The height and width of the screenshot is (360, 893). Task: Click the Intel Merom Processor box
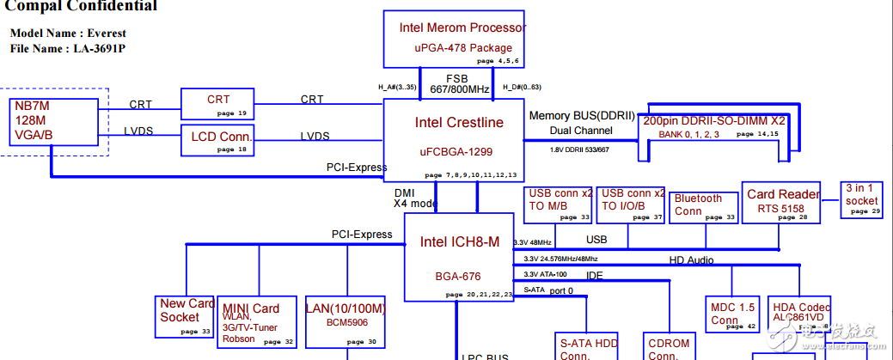[x=455, y=40]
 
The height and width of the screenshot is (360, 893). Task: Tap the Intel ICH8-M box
[x=458, y=257]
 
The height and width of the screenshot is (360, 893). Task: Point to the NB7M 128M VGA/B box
[x=53, y=121]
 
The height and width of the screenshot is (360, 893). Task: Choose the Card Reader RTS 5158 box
[x=781, y=203]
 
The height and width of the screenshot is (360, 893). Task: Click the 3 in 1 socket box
[x=861, y=199]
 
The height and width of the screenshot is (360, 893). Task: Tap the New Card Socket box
[x=186, y=316]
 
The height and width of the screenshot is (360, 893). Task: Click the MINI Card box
[x=258, y=322]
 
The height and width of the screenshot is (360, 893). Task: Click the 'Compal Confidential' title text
[x=83, y=7]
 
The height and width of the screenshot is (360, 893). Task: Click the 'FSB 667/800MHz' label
[x=460, y=83]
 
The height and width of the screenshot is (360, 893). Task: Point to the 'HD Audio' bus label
[x=691, y=259]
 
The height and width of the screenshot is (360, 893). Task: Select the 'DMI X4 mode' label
[x=416, y=198]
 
